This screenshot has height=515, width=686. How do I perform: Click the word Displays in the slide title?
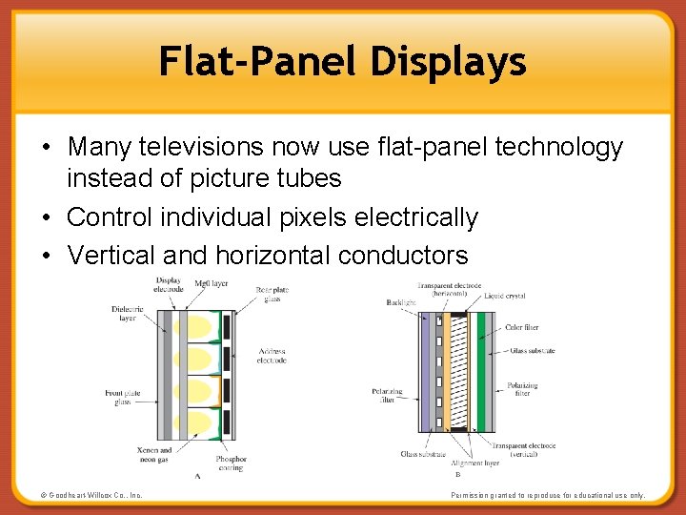coord(449,62)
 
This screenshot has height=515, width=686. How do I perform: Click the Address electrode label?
coord(271,356)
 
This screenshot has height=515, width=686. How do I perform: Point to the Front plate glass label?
coord(121,398)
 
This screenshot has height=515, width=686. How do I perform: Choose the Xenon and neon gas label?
coord(152,455)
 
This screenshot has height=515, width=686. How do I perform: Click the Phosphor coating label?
coord(231,463)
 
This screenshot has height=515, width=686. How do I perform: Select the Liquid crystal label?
coord(504,297)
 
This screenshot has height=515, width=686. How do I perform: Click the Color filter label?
coord(522,327)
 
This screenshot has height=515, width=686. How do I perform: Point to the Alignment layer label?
coord(476,463)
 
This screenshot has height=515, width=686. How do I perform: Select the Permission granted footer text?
coord(548,495)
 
